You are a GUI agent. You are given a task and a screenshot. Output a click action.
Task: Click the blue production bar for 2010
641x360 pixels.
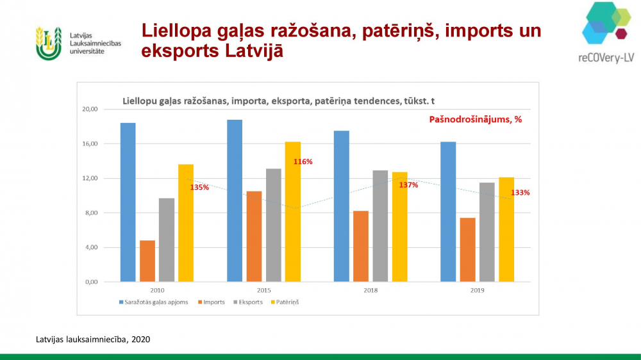click(128, 202)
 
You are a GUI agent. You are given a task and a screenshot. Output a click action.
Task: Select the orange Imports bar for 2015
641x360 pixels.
click(254, 236)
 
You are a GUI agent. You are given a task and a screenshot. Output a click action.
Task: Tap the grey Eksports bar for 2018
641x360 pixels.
click(380, 226)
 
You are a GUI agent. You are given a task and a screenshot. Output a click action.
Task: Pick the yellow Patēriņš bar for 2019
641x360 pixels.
click(506, 230)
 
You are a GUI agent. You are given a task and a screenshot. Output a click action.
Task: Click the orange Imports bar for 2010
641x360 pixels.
click(147, 261)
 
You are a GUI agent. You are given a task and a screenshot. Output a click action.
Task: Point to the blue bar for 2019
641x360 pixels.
click(448, 211)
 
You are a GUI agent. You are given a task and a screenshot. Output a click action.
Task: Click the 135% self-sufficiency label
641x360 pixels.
click(199, 188)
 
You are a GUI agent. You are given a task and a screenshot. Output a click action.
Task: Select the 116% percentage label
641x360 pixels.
click(303, 162)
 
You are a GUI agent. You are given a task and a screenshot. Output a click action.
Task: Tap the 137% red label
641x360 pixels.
click(408, 185)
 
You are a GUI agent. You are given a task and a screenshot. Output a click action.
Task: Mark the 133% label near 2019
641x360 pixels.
click(520, 192)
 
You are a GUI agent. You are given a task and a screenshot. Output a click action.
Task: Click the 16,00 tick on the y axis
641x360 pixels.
click(90, 144)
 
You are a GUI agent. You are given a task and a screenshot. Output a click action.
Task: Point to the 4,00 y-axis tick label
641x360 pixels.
click(92, 247)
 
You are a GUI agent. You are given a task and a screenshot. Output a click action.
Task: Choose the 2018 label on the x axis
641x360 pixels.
click(370, 291)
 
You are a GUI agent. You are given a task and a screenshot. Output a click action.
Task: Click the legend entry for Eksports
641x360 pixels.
click(248, 302)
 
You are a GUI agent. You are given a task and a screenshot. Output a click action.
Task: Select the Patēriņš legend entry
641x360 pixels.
click(285, 302)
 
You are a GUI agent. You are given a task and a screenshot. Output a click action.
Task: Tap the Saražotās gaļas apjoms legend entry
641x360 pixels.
click(154, 302)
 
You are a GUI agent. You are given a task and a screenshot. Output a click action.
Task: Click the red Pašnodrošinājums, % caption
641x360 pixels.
click(476, 119)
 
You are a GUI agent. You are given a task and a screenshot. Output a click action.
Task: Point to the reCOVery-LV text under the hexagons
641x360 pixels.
click(606, 58)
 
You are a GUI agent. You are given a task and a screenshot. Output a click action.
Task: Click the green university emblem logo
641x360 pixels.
click(49, 44)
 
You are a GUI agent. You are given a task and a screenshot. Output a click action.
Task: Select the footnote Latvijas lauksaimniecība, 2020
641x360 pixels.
click(93, 339)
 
